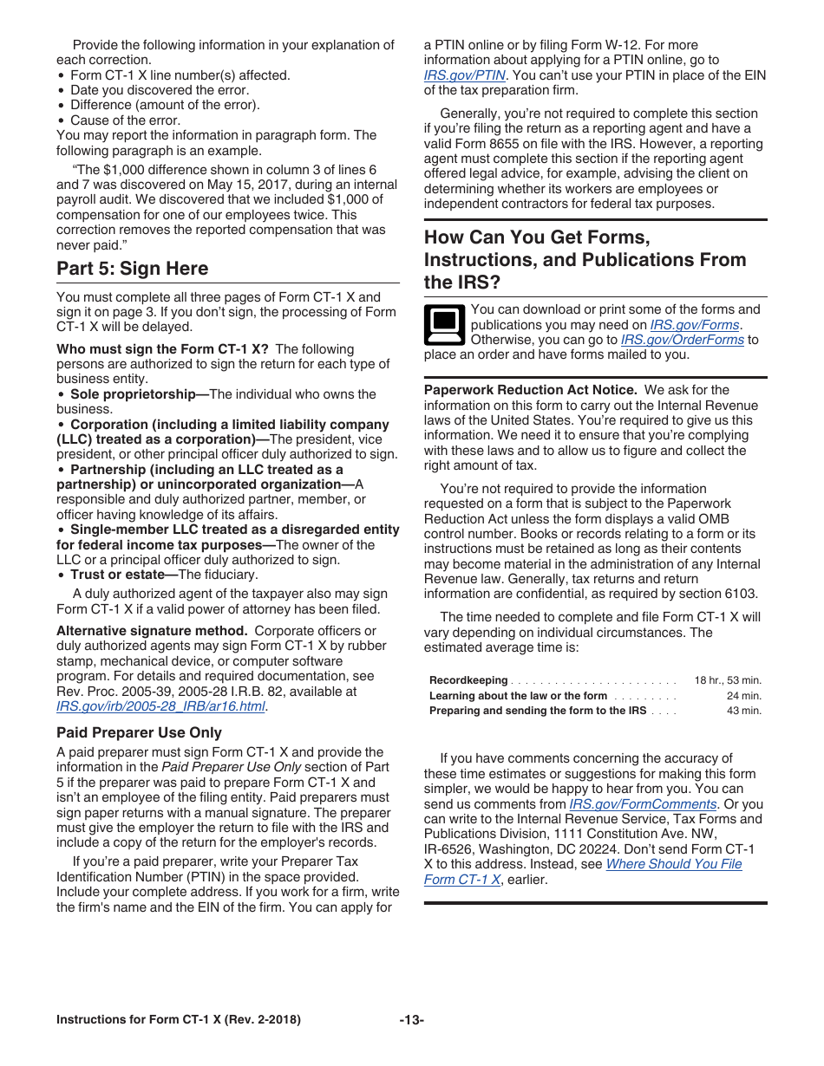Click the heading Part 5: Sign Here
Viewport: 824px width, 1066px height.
click(x=132, y=269)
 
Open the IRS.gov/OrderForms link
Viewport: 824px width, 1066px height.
click(x=682, y=340)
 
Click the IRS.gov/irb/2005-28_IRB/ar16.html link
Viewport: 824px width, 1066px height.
click(x=160, y=706)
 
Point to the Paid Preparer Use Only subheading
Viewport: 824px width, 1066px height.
click(x=139, y=732)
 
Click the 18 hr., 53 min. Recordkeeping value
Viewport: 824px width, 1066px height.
click(x=727, y=680)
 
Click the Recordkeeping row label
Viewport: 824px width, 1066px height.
click(x=468, y=680)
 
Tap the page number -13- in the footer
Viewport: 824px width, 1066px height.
click(x=411, y=1020)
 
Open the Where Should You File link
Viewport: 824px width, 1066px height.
click(x=673, y=864)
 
